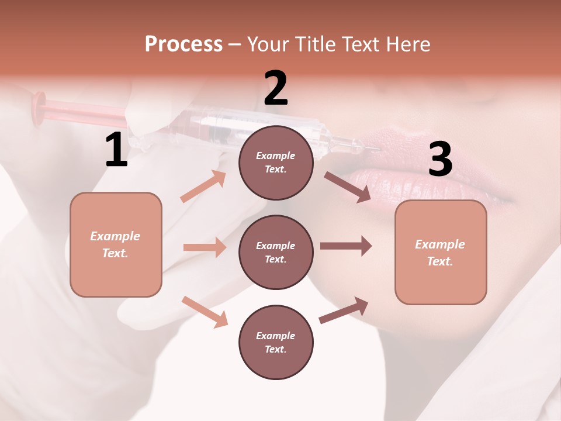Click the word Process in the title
pyautogui.click(x=183, y=44)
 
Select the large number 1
pyautogui.click(x=116, y=151)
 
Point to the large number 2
pyautogui.click(x=276, y=89)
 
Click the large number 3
pyautogui.click(x=440, y=160)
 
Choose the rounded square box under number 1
pyautogui.click(x=116, y=244)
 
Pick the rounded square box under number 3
pyautogui.click(x=441, y=253)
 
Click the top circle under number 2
pyautogui.click(x=276, y=163)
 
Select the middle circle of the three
pyautogui.click(x=276, y=253)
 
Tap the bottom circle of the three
pyautogui.click(x=276, y=343)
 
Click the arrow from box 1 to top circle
pyautogui.click(x=203, y=187)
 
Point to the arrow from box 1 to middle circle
pyautogui.click(x=205, y=247)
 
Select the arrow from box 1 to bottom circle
pyautogui.click(x=205, y=312)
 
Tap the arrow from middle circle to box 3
pyautogui.click(x=346, y=246)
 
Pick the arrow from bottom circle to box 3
pyautogui.click(x=344, y=310)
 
